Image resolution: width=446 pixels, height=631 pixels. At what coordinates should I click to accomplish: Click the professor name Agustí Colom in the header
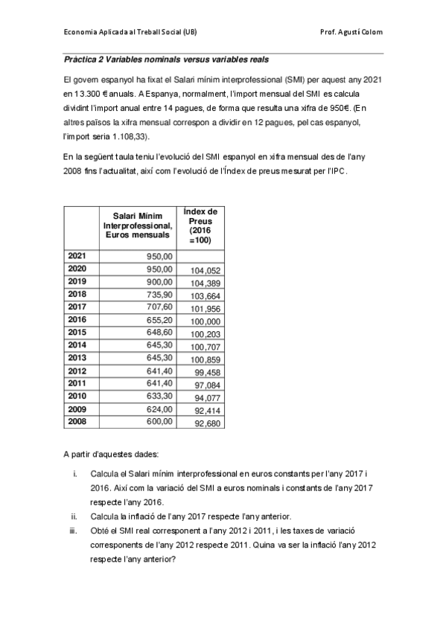point(351,33)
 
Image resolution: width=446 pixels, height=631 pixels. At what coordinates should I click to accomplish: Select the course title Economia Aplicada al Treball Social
point(130,33)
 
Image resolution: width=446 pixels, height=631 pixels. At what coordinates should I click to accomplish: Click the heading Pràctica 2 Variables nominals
point(166,59)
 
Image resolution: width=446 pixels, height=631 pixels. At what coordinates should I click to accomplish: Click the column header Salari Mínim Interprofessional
point(138,225)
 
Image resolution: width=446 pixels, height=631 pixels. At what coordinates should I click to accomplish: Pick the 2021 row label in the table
point(77,256)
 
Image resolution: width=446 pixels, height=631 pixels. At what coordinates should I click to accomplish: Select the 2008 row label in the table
point(77,422)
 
